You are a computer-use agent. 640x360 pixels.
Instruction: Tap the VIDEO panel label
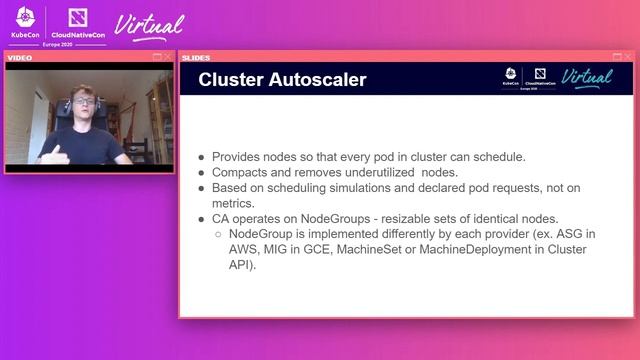click(21, 58)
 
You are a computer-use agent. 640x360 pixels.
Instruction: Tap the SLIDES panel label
click(196, 58)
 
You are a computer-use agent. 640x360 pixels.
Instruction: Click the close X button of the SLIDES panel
click(628, 57)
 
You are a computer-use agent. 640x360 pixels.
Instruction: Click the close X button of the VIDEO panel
click(168, 57)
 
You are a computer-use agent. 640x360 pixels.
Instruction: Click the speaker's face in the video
click(82, 104)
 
